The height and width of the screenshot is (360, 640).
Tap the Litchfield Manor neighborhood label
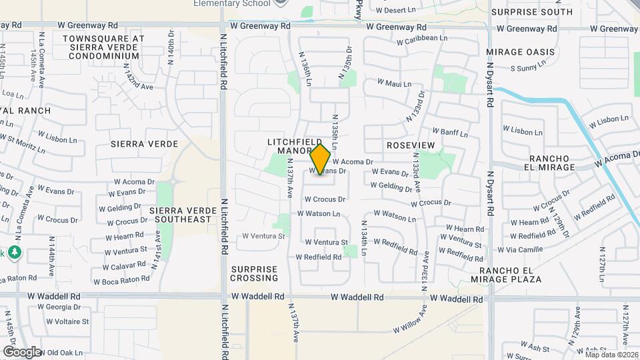(290, 147)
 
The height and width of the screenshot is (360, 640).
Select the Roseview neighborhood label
(410, 145)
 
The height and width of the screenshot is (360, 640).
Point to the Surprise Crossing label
(254, 273)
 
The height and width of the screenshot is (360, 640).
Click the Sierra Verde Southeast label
(180, 215)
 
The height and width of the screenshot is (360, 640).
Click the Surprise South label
(541, 12)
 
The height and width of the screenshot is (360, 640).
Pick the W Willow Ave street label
(409, 321)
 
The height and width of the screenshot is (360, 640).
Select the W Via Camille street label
(520, 249)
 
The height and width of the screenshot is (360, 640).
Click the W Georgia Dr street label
(59, 307)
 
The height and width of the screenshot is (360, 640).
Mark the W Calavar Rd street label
(124, 265)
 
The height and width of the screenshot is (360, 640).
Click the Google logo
(21, 351)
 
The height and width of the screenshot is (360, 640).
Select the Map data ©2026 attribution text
(610, 355)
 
